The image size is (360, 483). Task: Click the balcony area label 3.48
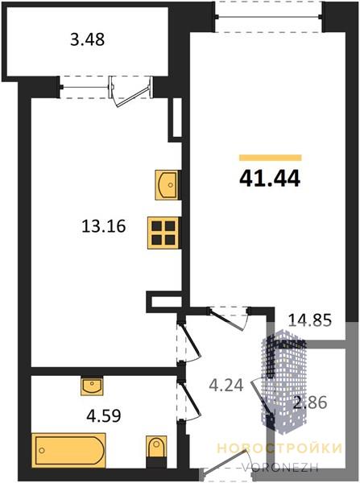[88, 39]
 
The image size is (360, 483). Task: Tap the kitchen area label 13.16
[104, 226]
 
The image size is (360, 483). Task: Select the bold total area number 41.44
[270, 179]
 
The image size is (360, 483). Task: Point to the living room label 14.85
[310, 320]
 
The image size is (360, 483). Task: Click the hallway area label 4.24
[226, 385]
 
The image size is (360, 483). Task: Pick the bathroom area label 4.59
[104, 416]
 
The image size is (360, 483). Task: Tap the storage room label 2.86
[310, 402]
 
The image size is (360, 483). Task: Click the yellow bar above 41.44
[271, 158]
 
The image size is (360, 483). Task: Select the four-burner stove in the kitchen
[163, 233]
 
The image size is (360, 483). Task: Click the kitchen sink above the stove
[167, 185]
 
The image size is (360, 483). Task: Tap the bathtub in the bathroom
[68, 450]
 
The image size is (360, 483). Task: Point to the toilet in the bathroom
[156, 448]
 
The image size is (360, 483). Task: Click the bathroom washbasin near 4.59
[92, 386]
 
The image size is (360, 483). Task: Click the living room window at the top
[268, 17]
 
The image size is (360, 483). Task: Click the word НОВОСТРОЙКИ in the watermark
[279, 448]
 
